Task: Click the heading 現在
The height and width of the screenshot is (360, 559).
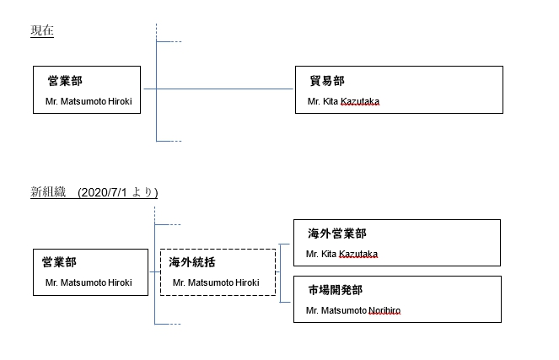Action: [42, 30]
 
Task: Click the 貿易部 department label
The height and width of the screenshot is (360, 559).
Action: [327, 81]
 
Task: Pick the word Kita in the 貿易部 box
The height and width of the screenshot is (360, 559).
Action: [331, 102]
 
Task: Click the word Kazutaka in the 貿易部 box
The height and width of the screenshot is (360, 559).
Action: [360, 102]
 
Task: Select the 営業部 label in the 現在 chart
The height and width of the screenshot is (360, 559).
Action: [64, 81]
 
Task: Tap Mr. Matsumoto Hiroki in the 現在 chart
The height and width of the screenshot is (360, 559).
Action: [89, 102]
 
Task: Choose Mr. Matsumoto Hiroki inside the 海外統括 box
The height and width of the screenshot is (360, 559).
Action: [216, 282]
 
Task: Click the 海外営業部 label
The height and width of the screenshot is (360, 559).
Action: [337, 234]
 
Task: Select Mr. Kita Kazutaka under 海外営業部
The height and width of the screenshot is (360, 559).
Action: [341, 254]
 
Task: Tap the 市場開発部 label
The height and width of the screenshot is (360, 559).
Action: [336, 290]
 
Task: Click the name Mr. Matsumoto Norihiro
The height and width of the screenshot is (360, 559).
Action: [353, 310]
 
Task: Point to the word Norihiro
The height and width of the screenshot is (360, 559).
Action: [384, 310]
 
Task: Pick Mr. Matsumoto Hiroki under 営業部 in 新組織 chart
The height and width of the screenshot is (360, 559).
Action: [89, 282]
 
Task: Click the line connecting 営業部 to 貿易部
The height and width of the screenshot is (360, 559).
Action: [219, 88]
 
